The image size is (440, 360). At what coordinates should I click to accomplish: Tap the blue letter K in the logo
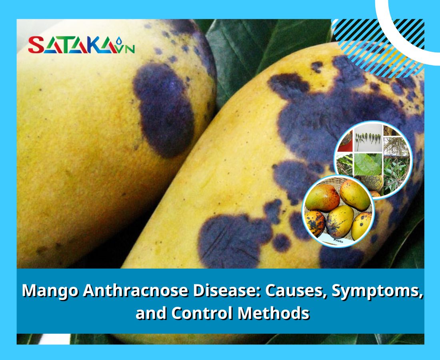pyautogui.click(x=96, y=45)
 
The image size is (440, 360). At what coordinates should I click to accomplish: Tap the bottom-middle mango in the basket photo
pyautogui.click(x=339, y=220)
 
